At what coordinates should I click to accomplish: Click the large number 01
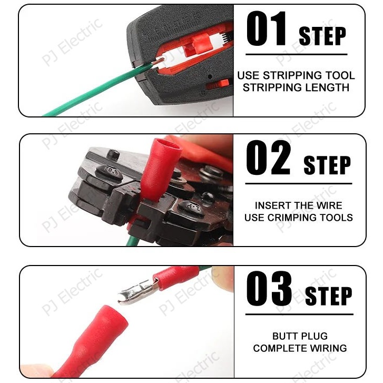click(266, 29)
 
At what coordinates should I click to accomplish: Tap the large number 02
click(269, 158)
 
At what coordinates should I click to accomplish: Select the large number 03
click(269, 289)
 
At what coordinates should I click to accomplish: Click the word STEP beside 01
click(322, 36)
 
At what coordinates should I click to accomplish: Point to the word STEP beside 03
click(329, 296)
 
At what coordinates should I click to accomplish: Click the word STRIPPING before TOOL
click(292, 75)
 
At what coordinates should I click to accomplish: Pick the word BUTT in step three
click(283, 336)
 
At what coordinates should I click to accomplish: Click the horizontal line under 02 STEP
click(299, 183)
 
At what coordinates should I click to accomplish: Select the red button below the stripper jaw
click(218, 84)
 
